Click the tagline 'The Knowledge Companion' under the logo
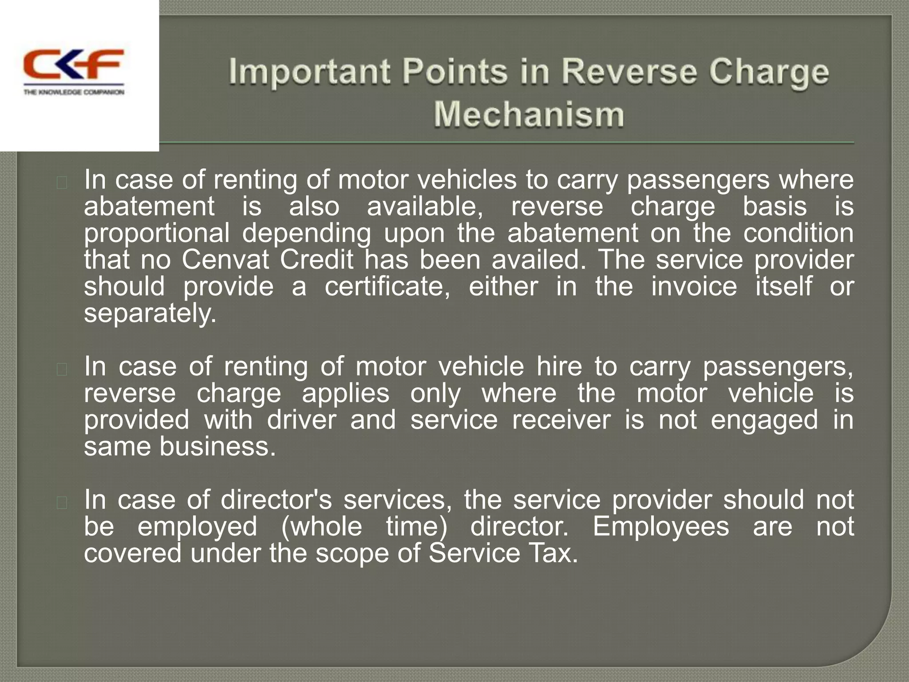[74, 92]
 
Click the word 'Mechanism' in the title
[529, 114]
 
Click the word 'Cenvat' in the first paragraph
[225, 260]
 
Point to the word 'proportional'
[157, 234]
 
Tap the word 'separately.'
[150, 313]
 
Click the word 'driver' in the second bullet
[301, 420]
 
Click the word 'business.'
[217, 446]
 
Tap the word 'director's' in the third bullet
[276, 500]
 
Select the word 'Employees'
[660, 527]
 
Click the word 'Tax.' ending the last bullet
[554, 553]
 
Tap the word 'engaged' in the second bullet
[764, 420]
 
